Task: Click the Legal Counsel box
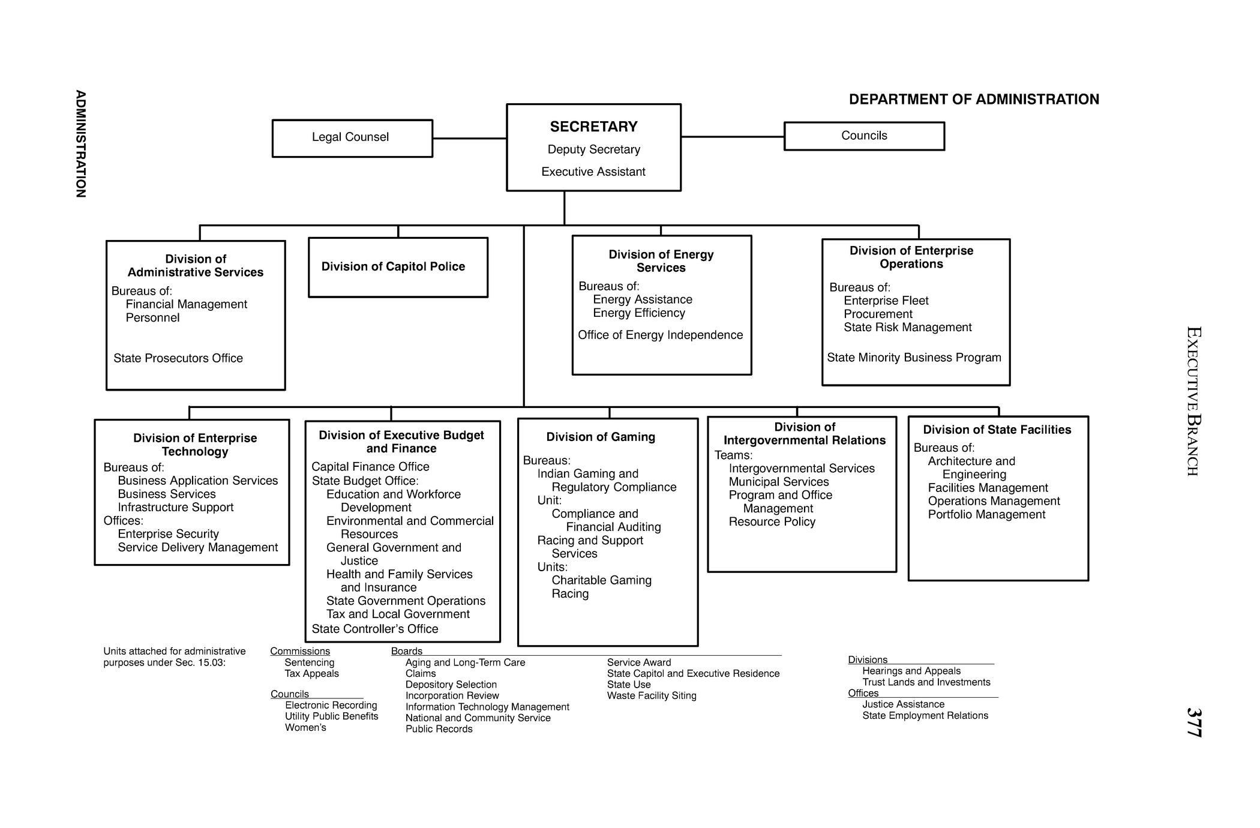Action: click(352, 138)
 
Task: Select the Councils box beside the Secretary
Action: click(863, 136)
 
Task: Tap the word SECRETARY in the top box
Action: click(593, 127)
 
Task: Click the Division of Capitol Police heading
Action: click(393, 266)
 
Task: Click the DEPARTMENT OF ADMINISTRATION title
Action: click(974, 100)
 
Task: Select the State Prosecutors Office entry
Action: click(178, 358)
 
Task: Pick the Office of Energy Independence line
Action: click(660, 335)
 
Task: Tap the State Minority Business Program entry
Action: click(914, 358)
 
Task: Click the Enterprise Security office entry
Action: click(168, 534)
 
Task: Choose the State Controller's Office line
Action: click(375, 629)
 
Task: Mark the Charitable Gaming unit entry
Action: click(601, 580)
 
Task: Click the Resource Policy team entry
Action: click(772, 521)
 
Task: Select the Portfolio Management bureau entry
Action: click(986, 514)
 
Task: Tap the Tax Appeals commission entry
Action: click(311, 673)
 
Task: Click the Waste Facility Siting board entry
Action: click(652, 695)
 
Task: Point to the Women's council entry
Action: click(305, 727)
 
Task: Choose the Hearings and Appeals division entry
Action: click(911, 671)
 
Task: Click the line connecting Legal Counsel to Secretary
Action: click(469, 139)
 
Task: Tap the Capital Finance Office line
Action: click(370, 467)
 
